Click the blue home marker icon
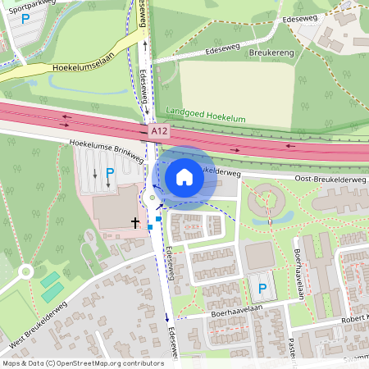point(184,176)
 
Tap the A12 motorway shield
point(160,131)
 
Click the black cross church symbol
point(135,222)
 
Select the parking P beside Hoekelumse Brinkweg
point(110,173)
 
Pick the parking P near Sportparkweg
point(25,18)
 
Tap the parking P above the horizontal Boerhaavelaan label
point(262,289)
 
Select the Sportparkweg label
point(25,4)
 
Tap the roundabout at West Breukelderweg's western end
point(24,271)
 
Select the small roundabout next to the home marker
point(152,198)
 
